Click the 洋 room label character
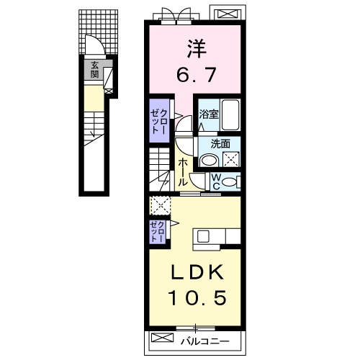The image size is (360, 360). point(197,49)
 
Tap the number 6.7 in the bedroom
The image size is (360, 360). point(197,74)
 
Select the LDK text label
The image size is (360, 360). point(197,273)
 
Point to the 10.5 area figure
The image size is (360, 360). point(198,297)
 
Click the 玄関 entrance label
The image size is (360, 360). point(94,70)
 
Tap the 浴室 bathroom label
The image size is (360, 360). point(209,114)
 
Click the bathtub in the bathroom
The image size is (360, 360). point(230,115)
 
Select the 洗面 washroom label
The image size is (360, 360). point(220,144)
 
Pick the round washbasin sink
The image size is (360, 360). point(209,160)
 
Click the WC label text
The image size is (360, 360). point(216,182)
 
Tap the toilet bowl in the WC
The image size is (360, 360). point(230,182)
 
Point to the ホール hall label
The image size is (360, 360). point(182,172)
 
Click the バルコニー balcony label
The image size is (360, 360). point(205,341)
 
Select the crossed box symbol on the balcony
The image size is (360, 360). point(162,338)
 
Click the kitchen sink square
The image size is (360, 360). point(204,236)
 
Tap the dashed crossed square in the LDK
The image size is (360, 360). point(160,206)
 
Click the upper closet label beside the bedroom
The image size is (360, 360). point(159,121)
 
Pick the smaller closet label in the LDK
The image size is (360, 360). point(158,232)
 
